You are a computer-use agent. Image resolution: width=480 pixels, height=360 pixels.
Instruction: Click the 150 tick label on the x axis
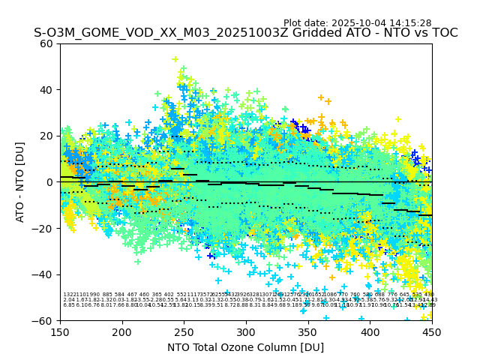click(60, 332)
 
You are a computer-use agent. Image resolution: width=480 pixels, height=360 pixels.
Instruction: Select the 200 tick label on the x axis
click(122, 332)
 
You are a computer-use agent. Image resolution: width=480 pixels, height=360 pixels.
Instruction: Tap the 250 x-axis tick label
click(184, 332)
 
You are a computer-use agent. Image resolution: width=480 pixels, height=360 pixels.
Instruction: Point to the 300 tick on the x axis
click(246, 332)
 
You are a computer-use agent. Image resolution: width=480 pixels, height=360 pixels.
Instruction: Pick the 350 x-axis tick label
click(307, 332)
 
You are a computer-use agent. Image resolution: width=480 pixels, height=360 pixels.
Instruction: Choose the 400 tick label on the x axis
click(370, 332)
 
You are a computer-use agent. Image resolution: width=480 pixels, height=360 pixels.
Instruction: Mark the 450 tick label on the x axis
click(431, 332)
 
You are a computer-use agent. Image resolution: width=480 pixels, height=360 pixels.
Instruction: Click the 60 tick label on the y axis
click(46, 43)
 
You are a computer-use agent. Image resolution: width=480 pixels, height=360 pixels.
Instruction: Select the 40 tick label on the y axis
click(46, 90)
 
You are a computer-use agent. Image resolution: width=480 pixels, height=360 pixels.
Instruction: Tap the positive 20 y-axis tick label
click(46, 136)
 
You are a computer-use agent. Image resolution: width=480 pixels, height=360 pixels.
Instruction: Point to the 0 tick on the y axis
click(49, 182)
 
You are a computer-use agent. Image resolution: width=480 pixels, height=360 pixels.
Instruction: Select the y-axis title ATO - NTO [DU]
click(20, 182)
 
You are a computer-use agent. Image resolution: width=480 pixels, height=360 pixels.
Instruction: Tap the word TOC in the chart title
click(443, 33)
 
